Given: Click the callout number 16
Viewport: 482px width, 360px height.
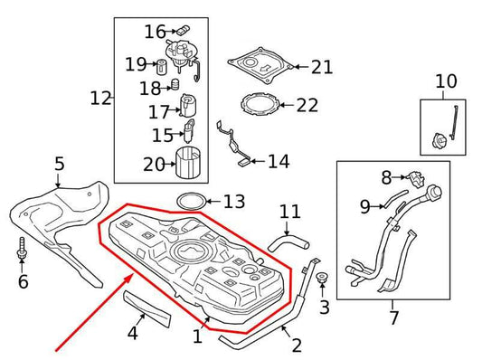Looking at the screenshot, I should pyautogui.click(x=155, y=33).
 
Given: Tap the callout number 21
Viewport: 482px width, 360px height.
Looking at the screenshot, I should pyautogui.click(x=321, y=67).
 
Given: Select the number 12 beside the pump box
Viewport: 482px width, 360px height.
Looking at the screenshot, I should pyautogui.click(x=100, y=97).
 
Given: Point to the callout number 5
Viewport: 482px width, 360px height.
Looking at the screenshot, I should pyautogui.click(x=59, y=164).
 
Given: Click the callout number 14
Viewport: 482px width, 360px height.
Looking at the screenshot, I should pyautogui.click(x=278, y=162).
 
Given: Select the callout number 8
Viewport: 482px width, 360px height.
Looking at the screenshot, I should pyautogui.click(x=386, y=177).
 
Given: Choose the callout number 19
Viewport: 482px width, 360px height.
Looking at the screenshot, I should pyautogui.click(x=136, y=64).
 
